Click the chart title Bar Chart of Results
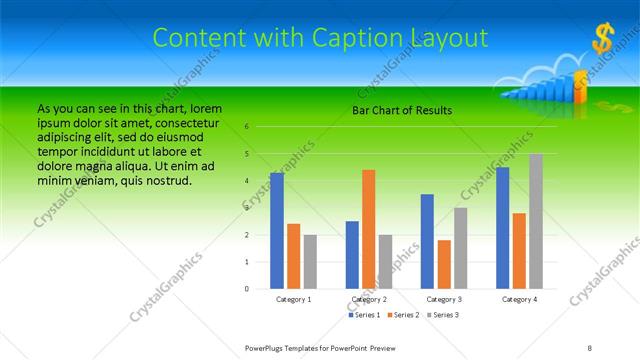tap(402, 110)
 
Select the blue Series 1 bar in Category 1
tap(277, 230)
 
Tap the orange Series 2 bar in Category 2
tap(368, 229)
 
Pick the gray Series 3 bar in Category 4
tap(536, 221)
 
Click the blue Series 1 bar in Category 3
tap(427, 241)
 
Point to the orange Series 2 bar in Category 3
tap(444, 264)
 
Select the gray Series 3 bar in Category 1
tap(310, 261)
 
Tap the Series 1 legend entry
tap(365, 315)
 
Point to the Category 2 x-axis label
tap(368, 299)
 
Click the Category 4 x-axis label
tap(519, 299)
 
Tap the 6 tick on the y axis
tap(246, 127)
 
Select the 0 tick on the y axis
tap(246, 288)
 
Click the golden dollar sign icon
tap(602, 39)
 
